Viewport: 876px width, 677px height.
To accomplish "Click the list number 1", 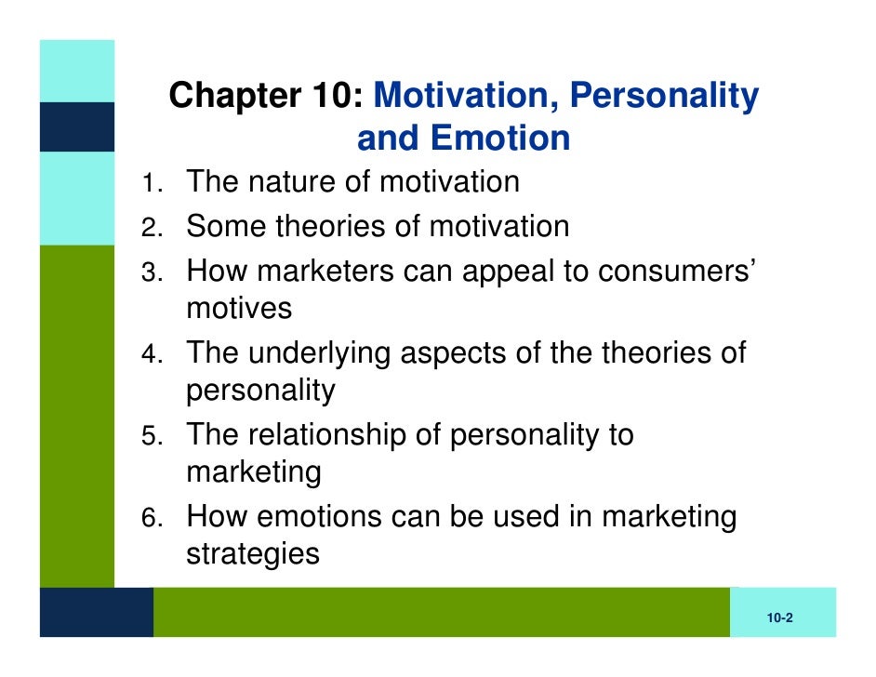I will pyautogui.click(x=149, y=183).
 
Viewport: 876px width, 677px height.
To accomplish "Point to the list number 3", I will pyautogui.click(x=149, y=272).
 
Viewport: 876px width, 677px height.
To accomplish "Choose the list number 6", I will pyautogui.click(x=149, y=519).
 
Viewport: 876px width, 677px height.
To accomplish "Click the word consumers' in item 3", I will pyautogui.click(x=673, y=271).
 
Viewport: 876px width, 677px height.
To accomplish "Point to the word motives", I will pyautogui.click(x=239, y=309).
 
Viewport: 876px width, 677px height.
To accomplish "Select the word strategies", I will pyautogui.click(x=253, y=555).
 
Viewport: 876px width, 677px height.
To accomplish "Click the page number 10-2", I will pyautogui.click(x=779, y=618).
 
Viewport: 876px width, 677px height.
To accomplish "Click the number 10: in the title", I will pyautogui.click(x=337, y=96).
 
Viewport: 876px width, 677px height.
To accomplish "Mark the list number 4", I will pyautogui.click(x=149, y=355).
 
